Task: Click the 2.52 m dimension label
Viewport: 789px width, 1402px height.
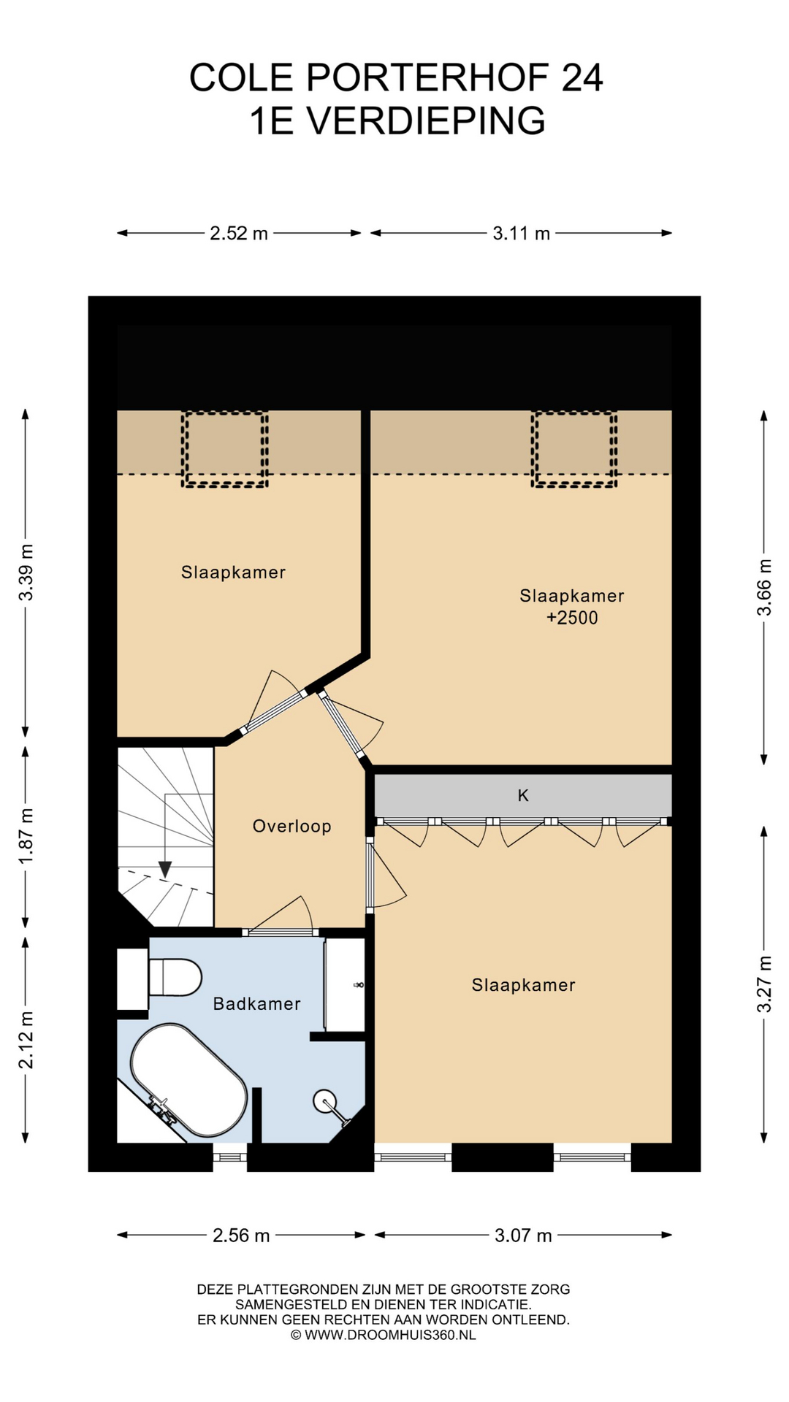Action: [239, 234]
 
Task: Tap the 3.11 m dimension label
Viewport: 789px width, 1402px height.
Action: [521, 234]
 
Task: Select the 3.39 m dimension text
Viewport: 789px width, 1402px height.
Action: [26, 572]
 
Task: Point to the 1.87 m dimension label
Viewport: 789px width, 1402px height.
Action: [26, 835]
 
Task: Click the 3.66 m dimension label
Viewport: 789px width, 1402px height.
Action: [764, 588]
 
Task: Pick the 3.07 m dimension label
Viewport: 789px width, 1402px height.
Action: [523, 1236]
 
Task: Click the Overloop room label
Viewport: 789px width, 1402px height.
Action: [291, 826]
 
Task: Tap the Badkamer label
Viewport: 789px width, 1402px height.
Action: [256, 1004]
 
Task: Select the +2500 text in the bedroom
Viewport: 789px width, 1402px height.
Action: [572, 618]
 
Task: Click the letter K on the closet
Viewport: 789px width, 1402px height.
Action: [523, 795]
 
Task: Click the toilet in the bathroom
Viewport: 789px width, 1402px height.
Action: [175, 977]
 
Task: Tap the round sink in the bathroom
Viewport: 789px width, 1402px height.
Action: [325, 1101]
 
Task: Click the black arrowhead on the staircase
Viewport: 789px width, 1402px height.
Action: [165, 869]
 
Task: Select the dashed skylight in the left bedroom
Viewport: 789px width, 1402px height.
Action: [225, 449]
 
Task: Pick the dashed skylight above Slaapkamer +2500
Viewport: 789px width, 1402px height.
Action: [574, 449]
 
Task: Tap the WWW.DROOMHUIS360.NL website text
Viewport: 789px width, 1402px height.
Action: [390, 1335]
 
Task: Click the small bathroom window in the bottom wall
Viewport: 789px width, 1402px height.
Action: [230, 1156]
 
